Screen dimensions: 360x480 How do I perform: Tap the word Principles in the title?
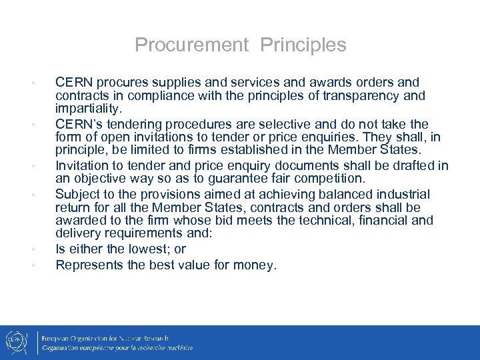tap(303, 45)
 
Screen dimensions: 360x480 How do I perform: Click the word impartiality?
tap(89, 108)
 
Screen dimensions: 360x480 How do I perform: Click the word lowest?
tap(137, 249)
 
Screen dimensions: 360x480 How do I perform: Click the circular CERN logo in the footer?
tap(16, 342)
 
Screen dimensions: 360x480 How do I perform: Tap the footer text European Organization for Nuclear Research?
tap(105, 338)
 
